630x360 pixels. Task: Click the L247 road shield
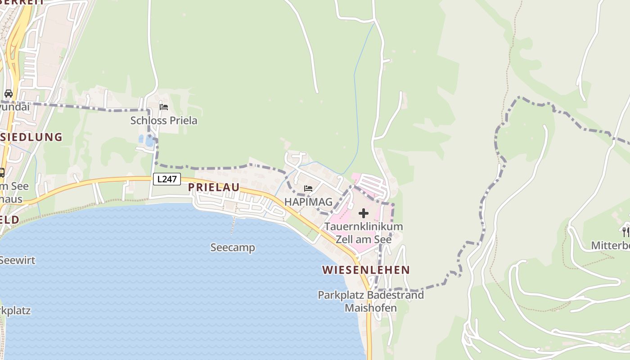[x=167, y=179]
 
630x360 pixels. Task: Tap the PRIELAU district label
[x=214, y=188]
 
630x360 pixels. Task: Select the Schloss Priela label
[x=164, y=121]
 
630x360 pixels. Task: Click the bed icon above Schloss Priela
[x=164, y=107]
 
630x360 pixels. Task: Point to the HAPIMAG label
[x=308, y=202]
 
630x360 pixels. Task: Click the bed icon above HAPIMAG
[x=308, y=188]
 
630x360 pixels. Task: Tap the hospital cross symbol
[x=364, y=213]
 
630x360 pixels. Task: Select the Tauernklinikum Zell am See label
[x=364, y=233]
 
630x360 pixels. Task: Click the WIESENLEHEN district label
[x=366, y=270]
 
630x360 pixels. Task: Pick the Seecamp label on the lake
[x=233, y=247]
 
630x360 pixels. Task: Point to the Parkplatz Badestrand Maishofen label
[x=371, y=301]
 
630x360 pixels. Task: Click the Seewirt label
[x=17, y=260]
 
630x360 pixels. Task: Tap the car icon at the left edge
[x=9, y=94]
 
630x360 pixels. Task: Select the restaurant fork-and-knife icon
[x=626, y=232]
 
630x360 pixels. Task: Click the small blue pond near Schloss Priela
[x=148, y=141]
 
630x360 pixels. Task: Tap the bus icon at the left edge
[x=1, y=172]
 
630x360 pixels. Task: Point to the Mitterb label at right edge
[x=610, y=246]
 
